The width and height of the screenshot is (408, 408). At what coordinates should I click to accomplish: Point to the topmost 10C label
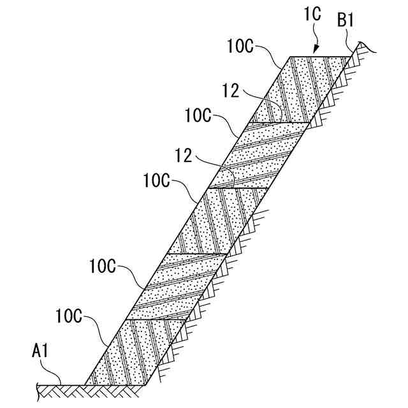(241, 46)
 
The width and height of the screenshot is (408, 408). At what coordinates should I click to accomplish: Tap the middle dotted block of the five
(217, 220)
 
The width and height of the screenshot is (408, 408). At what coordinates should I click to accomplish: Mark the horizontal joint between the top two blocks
(280, 122)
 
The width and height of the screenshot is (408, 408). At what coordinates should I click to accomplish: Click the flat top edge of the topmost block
(319, 57)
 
